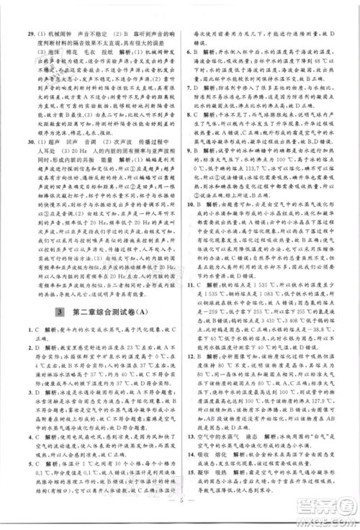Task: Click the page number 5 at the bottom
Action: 180,516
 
